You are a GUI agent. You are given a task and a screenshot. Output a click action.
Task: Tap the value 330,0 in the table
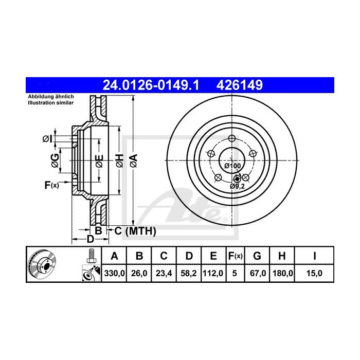[x=115, y=274]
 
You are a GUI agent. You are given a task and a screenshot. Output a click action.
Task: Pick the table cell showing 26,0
[x=139, y=274]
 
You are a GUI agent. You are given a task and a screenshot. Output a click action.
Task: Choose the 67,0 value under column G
[x=258, y=274]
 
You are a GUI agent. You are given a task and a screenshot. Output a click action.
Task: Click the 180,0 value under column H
[x=282, y=274]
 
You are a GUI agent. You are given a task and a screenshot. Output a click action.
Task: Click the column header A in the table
[x=115, y=256]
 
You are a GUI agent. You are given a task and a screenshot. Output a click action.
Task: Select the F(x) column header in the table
[x=235, y=256]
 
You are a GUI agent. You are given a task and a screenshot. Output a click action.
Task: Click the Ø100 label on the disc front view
[x=233, y=166]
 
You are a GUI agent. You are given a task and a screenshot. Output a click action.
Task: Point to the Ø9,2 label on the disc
[x=237, y=186]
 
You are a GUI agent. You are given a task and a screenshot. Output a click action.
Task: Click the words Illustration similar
[x=51, y=103]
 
